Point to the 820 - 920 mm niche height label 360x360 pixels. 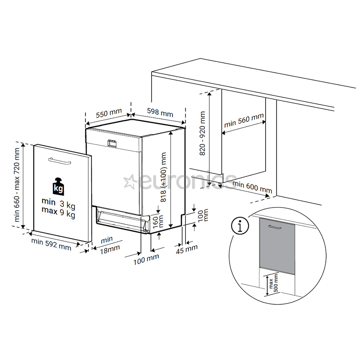202,134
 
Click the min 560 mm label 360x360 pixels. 244,120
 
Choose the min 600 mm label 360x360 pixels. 252,187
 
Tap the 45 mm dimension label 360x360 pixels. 187,249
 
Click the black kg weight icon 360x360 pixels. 58,187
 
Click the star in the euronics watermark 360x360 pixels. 129,182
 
